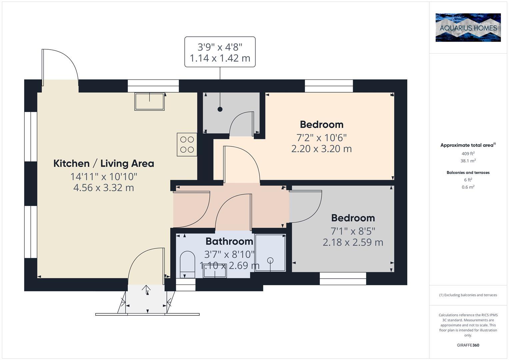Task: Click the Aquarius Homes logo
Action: click(x=468, y=27)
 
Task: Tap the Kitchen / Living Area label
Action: click(x=104, y=164)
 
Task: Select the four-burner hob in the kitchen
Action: click(x=187, y=144)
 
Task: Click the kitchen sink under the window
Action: click(x=149, y=101)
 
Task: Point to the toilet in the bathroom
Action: click(x=187, y=264)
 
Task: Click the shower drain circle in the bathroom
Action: click(x=270, y=260)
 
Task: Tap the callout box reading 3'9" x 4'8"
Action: click(x=220, y=52)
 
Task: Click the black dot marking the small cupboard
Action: click(x=220, y=109)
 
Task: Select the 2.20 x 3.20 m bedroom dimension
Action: click(x=321, y=149)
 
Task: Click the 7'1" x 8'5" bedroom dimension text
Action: click(x=353, y=231)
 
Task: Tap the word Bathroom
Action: click(x=229, y=241)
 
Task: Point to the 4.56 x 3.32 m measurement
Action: click(x=104, y=188)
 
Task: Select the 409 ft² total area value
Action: click(x=468, y=154)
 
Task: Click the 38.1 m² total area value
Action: click(x=468, y=161)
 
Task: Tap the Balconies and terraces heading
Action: click(x=468, y=173)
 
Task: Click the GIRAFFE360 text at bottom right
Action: click(x=468, y=345)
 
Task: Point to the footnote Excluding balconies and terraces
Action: click(x=468, y=295)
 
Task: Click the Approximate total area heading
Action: click(x=467, y=145)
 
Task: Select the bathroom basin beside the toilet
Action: click(x=215, y=272)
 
